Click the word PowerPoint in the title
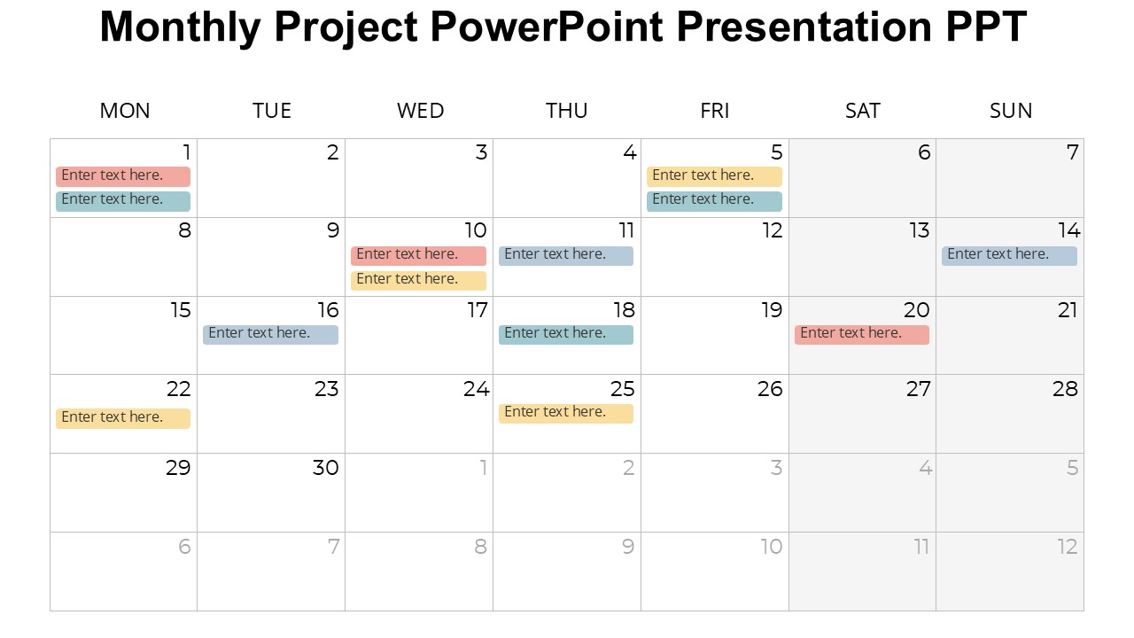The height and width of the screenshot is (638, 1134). (x=547, y=27)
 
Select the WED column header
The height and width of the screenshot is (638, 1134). (x=420, y=111)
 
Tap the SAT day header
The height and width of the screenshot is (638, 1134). (x=863, y=111)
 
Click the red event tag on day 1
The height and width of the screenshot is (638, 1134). (x=123, y=176)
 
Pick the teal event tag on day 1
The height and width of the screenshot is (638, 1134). (x=123, y=201)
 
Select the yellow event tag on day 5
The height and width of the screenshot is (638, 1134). (x=714, y=176)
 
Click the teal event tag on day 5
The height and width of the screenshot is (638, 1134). (x=714, y=201)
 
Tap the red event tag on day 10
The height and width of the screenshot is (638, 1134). (x=419, y=256)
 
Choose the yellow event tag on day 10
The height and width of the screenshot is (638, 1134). (x=419, y=281)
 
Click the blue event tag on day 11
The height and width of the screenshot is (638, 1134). (x=566, y=256)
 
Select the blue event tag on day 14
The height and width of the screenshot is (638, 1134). (x=1009, y=256)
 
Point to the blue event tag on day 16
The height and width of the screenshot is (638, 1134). (x=270, y=335)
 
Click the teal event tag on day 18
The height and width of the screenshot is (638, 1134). (x=566, y=335)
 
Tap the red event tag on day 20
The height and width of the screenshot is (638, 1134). (x=862, y=335)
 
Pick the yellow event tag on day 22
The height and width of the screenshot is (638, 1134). (x=123, y=419)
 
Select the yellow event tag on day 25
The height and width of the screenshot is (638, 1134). (x=566, y=414)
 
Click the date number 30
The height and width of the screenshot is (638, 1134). (x=325, y=468)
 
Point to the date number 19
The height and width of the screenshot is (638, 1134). (x=772, y=310)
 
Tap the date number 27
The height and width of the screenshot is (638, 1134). (x=919, y=389)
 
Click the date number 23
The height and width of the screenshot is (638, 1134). (x=327, y=389)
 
